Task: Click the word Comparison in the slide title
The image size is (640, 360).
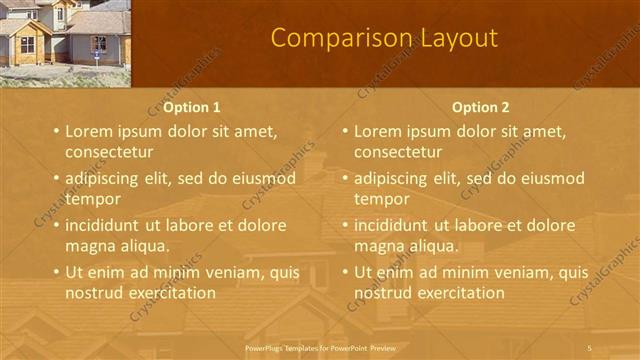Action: pyautogui.click(x=333, y=38)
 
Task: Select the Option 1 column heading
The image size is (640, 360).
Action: pyautogui.click(x=192, y=107)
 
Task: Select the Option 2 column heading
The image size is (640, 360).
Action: pyautogui.click(x=480, y=107)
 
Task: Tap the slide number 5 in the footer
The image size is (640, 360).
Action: pyautogui.click(x=590, y=347)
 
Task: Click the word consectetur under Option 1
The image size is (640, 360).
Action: pyautogui.click(x=109, y=152)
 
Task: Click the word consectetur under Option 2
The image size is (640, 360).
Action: pyautogui.click(x=398, y=152)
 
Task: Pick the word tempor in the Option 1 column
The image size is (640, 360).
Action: pyautogui.click(x=92, y=198)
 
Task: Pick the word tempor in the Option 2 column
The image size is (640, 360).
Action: pyautogui.click(x=381, y=198)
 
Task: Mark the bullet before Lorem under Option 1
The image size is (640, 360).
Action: pyautogui.click(x=56, y=131)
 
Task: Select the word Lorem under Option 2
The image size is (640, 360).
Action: pyautogui.click(x=378, y=131)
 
